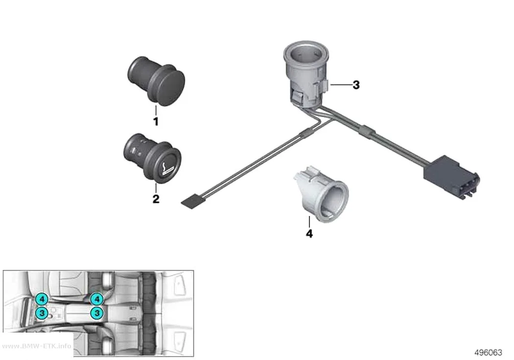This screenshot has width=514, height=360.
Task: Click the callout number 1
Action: click(x=156, y=121)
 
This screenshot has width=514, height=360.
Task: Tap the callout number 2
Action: click(x=156, y=199)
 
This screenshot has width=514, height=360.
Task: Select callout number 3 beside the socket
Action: click(x=356, y=85)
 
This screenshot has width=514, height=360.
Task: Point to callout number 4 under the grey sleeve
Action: click(x=309, y=234)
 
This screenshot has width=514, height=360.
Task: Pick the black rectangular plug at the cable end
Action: click(x=451, y=176)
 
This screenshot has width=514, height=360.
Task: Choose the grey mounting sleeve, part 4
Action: click(x=321, y=194)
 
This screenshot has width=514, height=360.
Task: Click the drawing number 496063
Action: click(x=488, y=353)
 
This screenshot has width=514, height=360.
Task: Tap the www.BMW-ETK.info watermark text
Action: click(x=37, y=346)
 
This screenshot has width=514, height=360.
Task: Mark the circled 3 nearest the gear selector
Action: click(x=42, y=313)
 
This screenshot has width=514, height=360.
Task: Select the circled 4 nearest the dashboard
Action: click(x=42, y=299)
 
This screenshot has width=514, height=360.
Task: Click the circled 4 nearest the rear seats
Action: click(x=97, y=299)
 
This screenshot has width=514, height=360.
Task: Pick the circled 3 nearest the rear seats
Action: click(x=97, y=313)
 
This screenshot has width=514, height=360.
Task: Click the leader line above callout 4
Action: click(x=309, y=222)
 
